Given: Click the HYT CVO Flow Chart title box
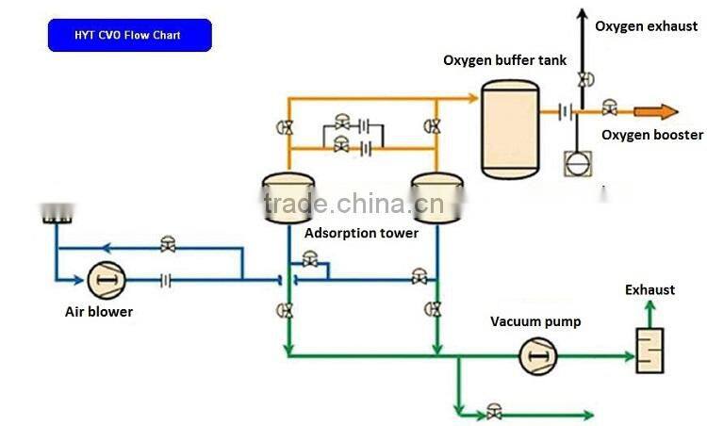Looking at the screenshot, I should (x=130, y=35).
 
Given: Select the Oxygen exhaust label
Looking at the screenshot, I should (x=646, y=25).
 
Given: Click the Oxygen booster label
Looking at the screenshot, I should (x=652, y=135).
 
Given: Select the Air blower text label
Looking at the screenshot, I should (x=99, y=312).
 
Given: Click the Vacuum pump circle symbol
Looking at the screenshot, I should (x=538, y=356).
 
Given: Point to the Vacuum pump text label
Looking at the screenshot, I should (x=535, y=321).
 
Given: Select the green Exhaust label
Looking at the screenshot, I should (x=649, y=289).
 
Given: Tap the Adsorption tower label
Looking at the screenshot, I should (x=361, y=233).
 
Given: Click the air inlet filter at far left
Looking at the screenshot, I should (x=58, y=215).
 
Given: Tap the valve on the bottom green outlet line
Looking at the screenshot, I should (x=493, y=412).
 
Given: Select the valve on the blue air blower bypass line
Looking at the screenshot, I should (x=168, y=245).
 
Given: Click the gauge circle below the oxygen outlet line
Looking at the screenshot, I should (x=574, y=160).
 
